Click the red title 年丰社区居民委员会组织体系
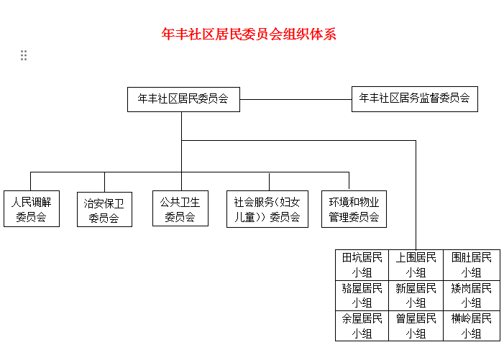coord(249,34)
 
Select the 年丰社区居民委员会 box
coord(183,99)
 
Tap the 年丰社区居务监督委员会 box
coord(415,99)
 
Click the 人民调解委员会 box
coord(31,208)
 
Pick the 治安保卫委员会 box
coord(104,210)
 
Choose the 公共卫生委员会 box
coord(180,208)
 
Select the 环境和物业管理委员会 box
coord(354,208)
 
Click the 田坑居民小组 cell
coord(362,264)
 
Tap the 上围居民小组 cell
coord(416,264)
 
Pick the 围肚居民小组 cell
coord(472,264)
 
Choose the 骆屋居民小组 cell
coord(362,295)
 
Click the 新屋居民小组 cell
coord(416,295)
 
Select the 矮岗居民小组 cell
coord(472,295)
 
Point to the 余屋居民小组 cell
coord(362,326)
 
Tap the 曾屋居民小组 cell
coord(416,326)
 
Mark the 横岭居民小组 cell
coord(472,326)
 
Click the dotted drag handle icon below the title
coord(24,55)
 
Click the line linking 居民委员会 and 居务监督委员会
coord(295,99)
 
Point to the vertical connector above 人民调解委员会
coord(30,181)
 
